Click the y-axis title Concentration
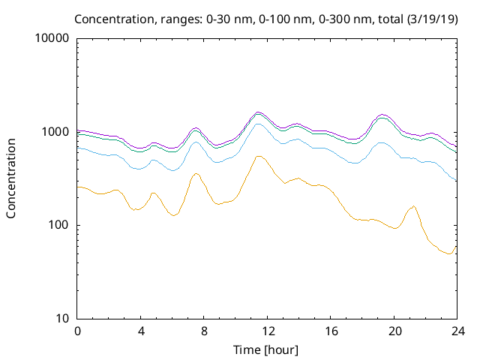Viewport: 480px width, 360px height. pyautogui.click(x=11, y=178)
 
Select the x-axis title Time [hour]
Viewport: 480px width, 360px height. pyautogui.click(x=266, y=349)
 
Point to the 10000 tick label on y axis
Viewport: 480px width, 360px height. pyautogui.click(x=52, y=39)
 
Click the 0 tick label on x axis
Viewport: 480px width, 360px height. pyautogui.click(x=77, y=331)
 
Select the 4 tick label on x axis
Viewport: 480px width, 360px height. pyautogui.click(x=140, y=331)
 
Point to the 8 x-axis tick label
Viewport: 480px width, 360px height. pyautogui.click(x=203, y=331)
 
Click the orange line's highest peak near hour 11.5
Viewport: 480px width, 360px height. pyautogui.click(x=259, y=156)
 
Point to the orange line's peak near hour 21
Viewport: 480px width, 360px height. pyautogui.click(x=412, y=206)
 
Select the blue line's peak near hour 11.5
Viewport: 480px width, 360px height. pyautogui.click(x=259, y=124)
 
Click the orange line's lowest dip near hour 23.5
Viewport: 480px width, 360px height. pyautogui.click(x=449, y=254)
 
